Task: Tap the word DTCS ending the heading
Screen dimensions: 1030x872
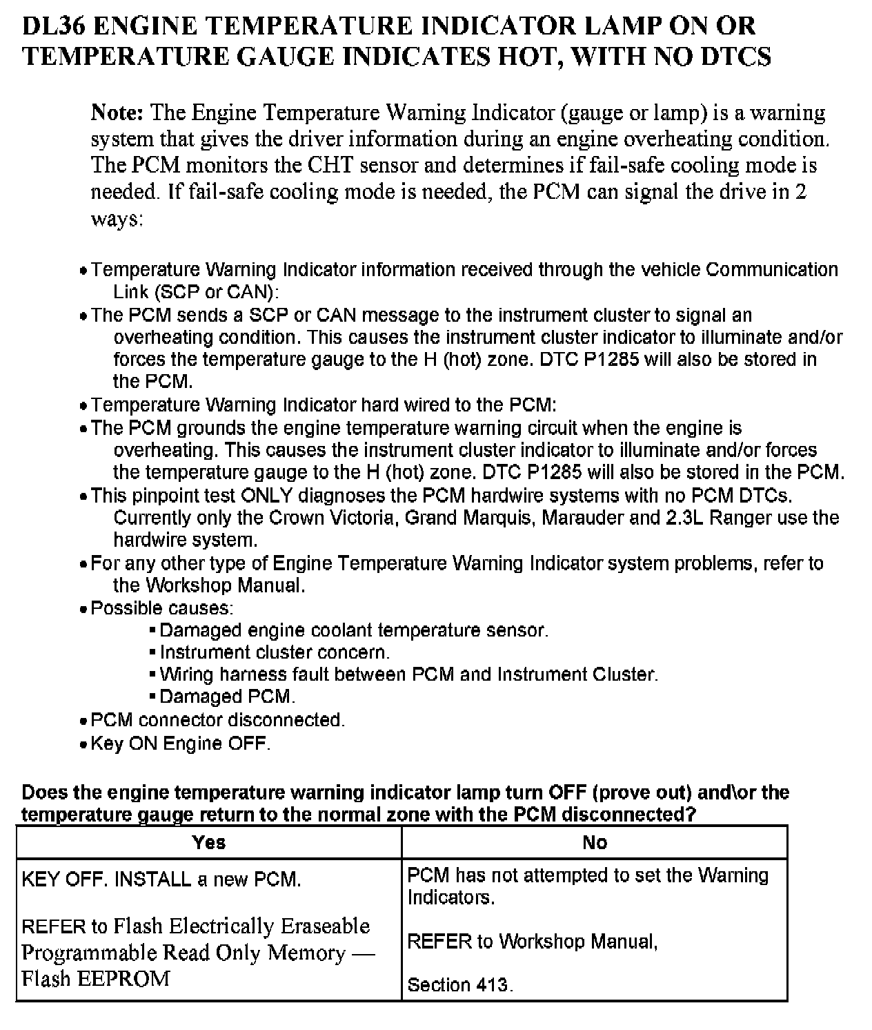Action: click(736, 57)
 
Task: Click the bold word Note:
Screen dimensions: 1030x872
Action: click(117, 113)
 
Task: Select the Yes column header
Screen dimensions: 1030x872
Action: click(209, 842)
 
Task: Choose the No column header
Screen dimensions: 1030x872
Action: click(595, 842)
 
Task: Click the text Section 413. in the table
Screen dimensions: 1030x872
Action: click(460, 985)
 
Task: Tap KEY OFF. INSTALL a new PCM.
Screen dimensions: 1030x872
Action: click(161, 880)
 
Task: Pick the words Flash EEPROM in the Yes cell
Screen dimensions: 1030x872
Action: click(95, 979)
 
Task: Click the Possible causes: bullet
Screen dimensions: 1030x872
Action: click(161, 608)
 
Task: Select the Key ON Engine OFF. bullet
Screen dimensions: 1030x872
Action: click(180, 744)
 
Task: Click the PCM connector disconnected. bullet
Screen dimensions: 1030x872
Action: click(217, 720)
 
